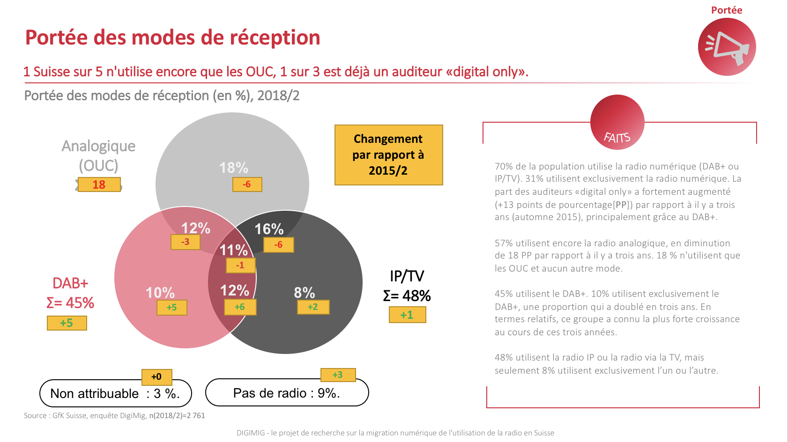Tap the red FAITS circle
tap(617, 123)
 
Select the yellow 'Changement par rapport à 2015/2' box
tap(388, 155)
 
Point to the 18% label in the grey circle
tap(233, 168)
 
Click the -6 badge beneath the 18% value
tap(247, 184)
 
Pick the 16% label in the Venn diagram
tap(269, 229)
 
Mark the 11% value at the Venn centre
tap(233, 250)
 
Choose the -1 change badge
tap(240, 265)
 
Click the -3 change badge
tap(186, 242)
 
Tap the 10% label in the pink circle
tap(160, 293)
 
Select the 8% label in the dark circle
tap(304, 293)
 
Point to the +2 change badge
tap(313, 307)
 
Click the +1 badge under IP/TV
tap(407, 315)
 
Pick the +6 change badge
tap(240, 307)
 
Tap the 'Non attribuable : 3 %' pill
tap(115, 393)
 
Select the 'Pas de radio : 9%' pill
tap(287, 393)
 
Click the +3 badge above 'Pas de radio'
tap(338, 375)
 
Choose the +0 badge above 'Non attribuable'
tap(156, 377)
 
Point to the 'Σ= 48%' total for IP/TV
tap(407, 296)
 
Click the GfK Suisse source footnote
tap(114, 415)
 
